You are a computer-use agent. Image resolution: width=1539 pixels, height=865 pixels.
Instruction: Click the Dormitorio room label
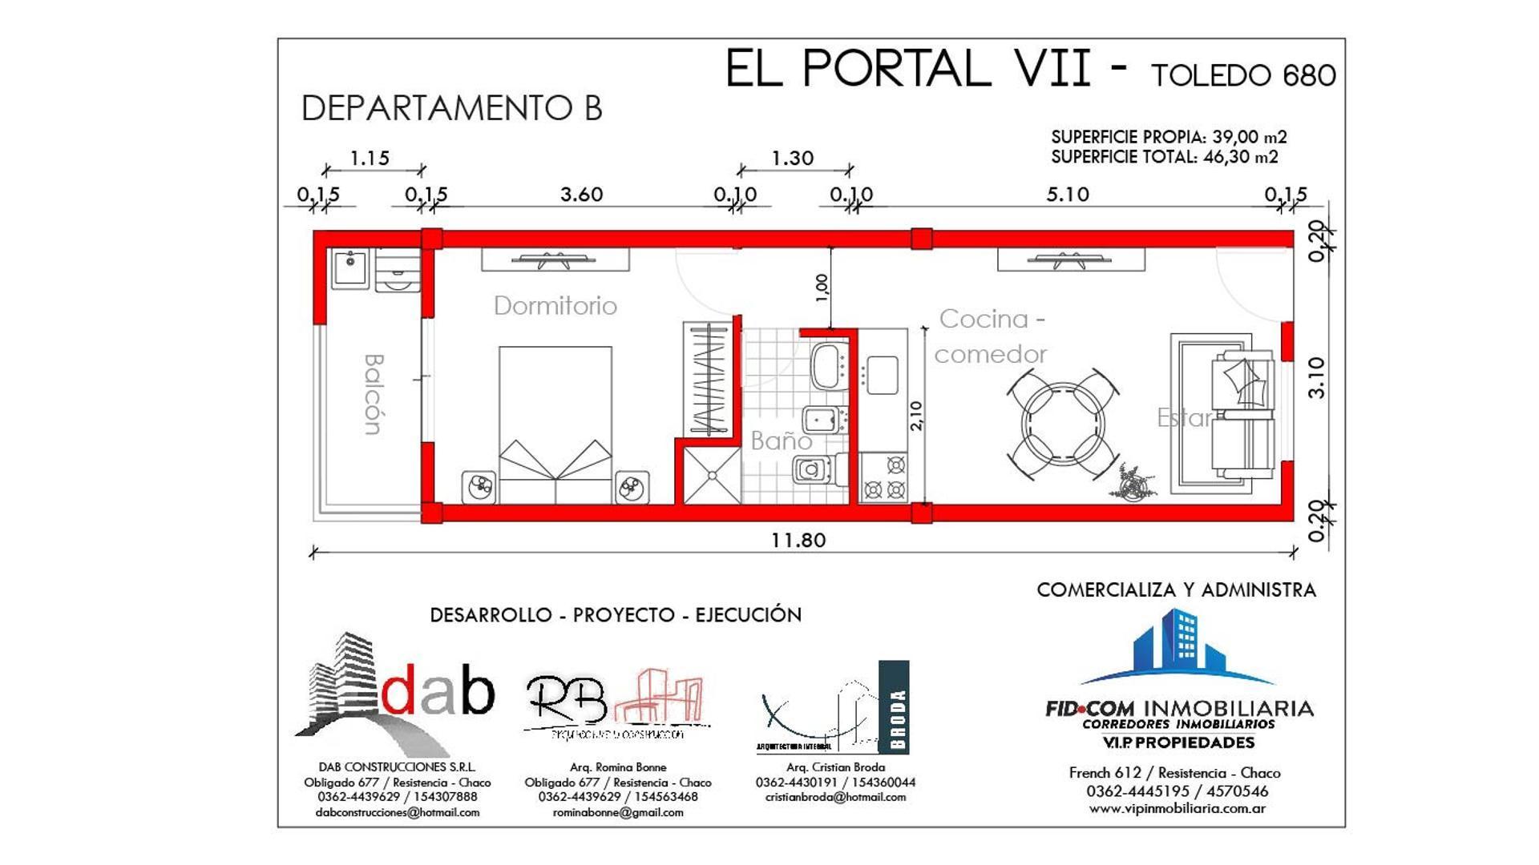point(555,306)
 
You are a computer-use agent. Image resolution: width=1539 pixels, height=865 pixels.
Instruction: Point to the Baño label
point(781,441)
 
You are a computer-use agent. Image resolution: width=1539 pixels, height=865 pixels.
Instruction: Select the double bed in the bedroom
point(555,424)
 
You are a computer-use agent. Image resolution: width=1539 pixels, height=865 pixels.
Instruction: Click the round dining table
point(1063,425)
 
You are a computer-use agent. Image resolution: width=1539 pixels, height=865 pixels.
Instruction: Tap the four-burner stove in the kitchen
point(884,477)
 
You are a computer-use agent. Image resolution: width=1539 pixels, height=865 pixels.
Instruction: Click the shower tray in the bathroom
point(711,475)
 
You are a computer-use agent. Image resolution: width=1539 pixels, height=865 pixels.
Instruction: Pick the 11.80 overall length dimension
point(798,541)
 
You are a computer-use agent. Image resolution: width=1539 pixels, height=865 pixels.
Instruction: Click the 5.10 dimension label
point(1067,195)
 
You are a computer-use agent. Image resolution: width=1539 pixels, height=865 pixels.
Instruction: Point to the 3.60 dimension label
point(581,195)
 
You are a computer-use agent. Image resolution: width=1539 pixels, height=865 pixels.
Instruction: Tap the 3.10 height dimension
point(1316,377)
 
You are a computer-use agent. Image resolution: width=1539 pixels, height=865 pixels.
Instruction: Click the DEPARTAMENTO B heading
point(451,109)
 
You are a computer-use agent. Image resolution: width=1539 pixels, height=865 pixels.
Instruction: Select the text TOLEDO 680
point(1243,76)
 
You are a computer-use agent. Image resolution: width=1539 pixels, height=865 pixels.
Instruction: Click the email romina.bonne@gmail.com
point(618,812)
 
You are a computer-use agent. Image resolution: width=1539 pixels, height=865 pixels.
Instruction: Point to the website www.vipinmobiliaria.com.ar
point(1177,809)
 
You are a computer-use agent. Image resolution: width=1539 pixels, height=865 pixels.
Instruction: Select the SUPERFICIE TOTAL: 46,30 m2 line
point(1164,157)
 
